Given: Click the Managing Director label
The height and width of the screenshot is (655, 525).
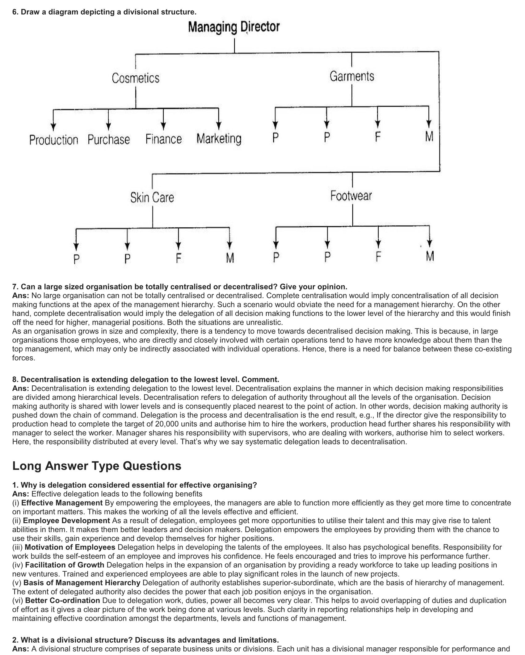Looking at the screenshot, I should (x=233, y=27).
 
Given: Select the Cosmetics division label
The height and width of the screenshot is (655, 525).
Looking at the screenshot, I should (x=136, y=78).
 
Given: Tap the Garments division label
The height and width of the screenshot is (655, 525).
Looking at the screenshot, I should (x=352, y=76).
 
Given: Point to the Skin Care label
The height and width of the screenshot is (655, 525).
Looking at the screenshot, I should (x=152, y=197).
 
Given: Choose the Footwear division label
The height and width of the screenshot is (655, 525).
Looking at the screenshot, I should (x=351, y=196).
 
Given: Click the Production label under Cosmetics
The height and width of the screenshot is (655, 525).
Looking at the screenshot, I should (x=54, y=140).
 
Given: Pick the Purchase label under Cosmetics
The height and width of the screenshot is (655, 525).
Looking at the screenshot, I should (x=109, y=140).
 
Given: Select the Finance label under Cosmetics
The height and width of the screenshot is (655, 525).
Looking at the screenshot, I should (x=164, y=139).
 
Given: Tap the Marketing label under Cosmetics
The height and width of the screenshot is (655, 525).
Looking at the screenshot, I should (x=219, y=139).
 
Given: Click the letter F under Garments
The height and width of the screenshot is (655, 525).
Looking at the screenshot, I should (x=377, y=136).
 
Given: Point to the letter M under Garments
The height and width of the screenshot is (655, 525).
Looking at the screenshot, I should (x=429, y=136).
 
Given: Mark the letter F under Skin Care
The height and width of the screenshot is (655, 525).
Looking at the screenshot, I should (x=178, y=258).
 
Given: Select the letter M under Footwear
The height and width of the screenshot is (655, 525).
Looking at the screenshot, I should (x=430, y=256).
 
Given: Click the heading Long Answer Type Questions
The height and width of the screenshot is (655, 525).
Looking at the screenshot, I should (x=97, y=466).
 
